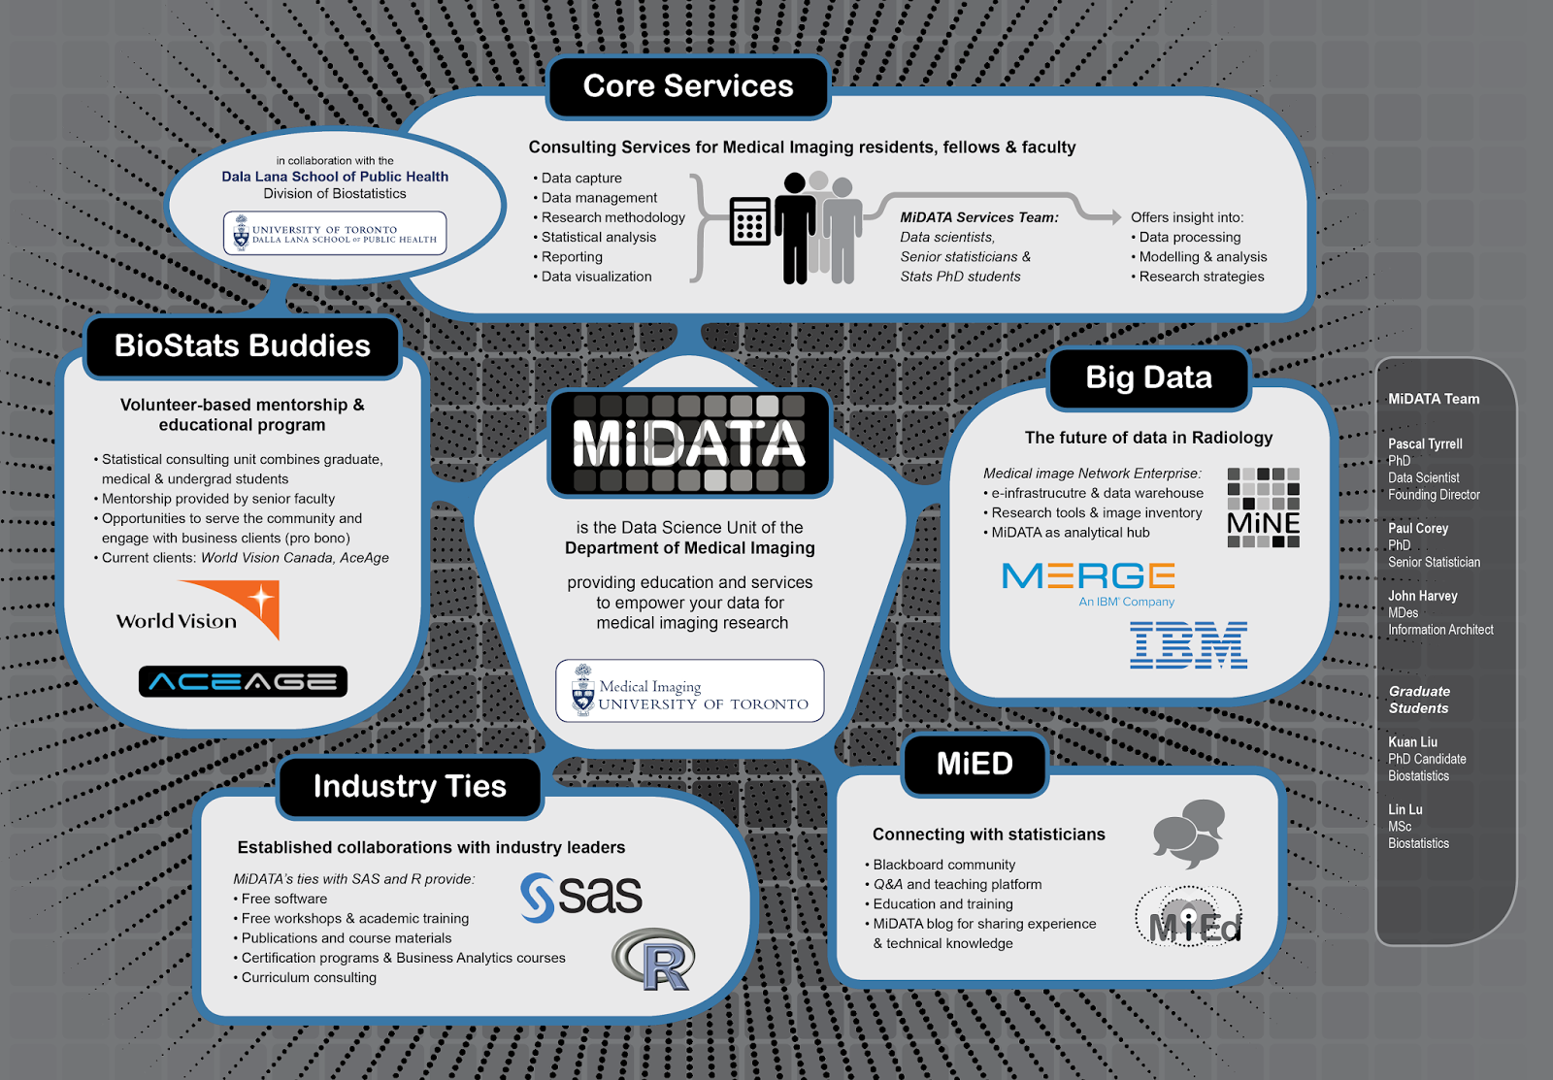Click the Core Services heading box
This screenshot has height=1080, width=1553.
[x=688, y=86]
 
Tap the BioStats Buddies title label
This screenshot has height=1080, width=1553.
[x=243, y=346]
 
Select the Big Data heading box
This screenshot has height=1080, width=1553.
[x=1148, y=377]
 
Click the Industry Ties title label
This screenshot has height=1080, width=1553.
[x=410, y=786]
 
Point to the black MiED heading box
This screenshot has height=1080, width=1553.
[x=975, y=764]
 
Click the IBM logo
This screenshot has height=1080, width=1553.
[x=1188, y=645]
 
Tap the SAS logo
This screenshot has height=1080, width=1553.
[x=581, y=896]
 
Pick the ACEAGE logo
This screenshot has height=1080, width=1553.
[x=243, y=682]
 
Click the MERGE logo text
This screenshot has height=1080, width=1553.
[x=1088, y=576]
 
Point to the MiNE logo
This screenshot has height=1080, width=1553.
[x=1263, y=508]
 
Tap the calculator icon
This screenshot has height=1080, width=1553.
[x=749, y=222]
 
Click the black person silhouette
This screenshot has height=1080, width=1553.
[x=795, y=229]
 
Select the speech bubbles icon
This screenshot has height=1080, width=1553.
[x=1189, y=833]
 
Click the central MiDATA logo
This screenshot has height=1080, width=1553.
[x=689, y=442]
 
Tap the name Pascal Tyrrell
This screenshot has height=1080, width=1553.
[x=1425, y=443]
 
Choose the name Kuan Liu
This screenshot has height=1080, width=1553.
[x=1412, y=742]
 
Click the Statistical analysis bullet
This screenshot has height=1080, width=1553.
[x=598, y=237]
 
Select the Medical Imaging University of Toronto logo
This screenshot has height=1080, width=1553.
[x=689, y=691]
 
